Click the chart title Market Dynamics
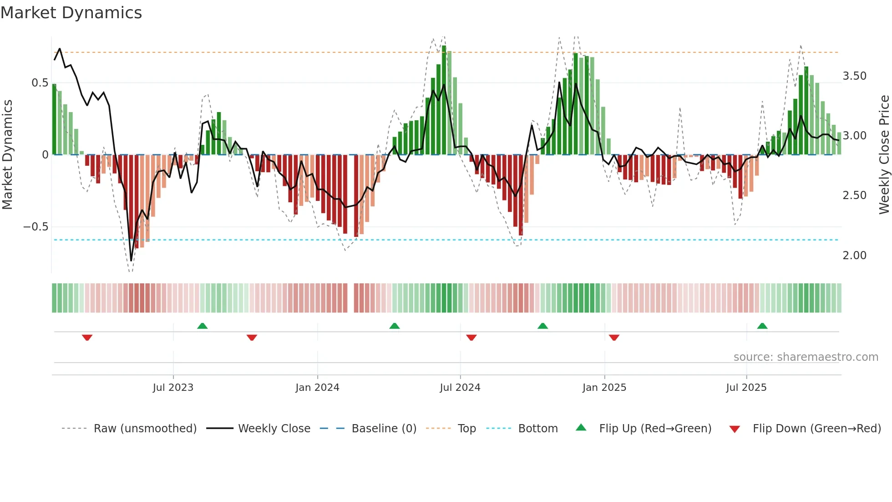tap(71, 13)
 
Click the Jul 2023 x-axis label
tap(173, 388)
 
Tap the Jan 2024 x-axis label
tap(317, 388)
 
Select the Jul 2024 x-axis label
tap(460, 388)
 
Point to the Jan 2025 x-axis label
tap(604, 388)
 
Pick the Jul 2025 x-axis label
tap(746, 388)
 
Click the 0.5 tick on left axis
tap(40, 83)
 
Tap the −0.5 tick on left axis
tap(35, 227)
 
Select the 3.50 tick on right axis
tap(854, 76)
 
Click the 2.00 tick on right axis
tap(854, 256)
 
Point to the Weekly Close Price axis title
tap(884, 155)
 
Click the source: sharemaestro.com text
tap(806, 357)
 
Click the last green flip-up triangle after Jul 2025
tap(762, 326)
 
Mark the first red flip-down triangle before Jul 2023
tap(87, 338)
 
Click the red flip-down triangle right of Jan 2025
tap(614, 338)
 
